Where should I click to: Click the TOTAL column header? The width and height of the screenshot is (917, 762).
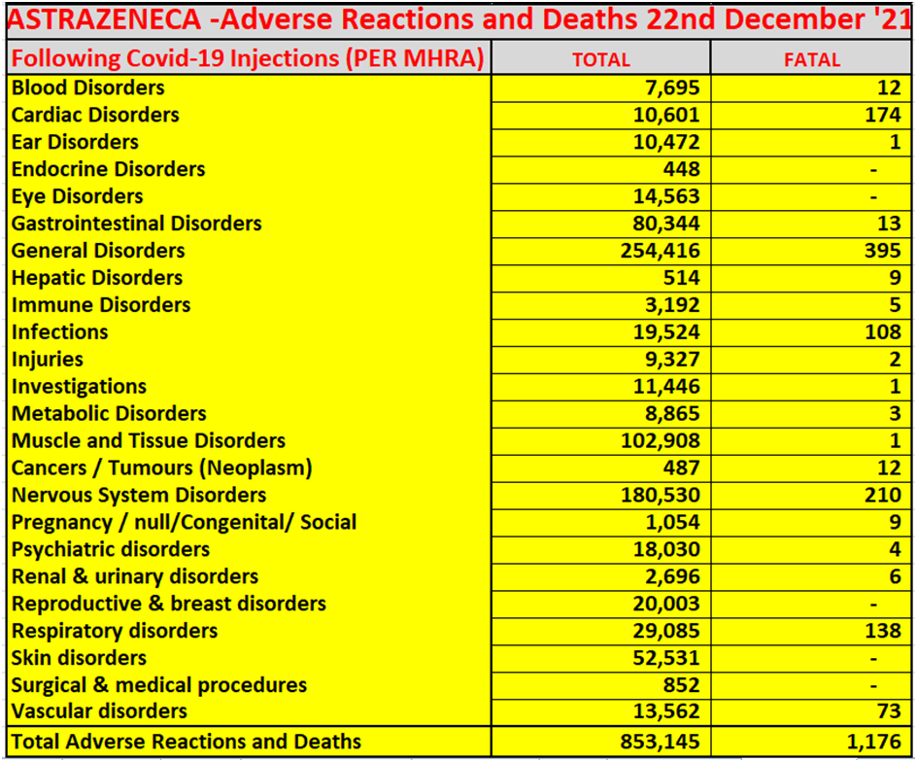600,59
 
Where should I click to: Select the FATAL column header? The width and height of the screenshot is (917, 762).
811,59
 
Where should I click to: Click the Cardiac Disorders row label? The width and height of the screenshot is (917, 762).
95,115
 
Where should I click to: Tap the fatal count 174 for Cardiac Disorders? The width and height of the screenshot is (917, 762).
882,115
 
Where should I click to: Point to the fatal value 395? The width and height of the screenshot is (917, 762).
882,251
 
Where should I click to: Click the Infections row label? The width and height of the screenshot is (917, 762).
60,332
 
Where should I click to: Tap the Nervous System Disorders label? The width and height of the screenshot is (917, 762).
139,496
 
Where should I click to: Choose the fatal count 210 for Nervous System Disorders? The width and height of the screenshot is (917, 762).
882,496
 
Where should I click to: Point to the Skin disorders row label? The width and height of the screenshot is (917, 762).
79,659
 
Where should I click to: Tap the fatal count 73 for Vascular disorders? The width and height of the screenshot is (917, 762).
888,711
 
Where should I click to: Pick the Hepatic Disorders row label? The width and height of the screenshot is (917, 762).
97,278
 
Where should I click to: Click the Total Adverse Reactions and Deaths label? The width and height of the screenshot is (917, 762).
186,743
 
